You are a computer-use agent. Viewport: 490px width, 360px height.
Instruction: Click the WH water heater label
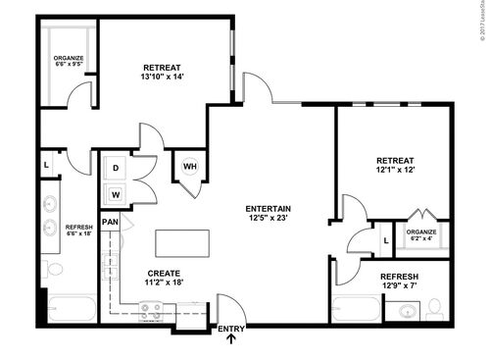pyautogui.click(x=189, y=166)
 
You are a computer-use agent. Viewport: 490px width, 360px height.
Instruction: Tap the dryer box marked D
pyautogui.click(x=116, y=168)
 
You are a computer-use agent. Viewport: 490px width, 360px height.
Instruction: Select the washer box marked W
pyautogui.click(x=116, y=193)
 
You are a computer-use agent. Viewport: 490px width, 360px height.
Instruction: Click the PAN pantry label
pyautogui.click(x=111, y=222)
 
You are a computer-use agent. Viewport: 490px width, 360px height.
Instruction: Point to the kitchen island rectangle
pyautogui.click(x=181, y=243)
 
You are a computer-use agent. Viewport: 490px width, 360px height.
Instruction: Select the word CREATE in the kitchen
pyautogui.click(x=164, y=273)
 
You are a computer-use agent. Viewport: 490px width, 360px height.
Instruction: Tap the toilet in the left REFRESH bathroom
pyautogui.click(x=55, y=268)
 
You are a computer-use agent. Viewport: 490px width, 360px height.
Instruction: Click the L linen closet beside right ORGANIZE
pyautogui.click(x=386, y=239)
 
